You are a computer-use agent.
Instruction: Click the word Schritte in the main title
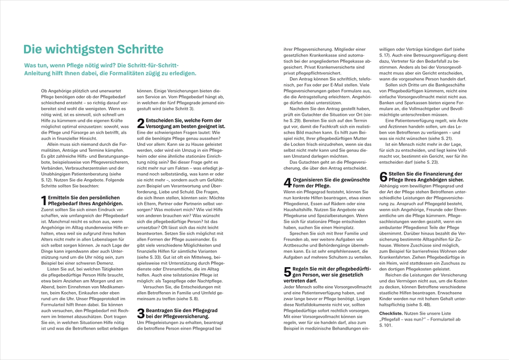click(140, 49)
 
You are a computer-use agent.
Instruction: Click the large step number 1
click(43, 201)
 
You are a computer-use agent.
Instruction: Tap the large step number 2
click(140, 123)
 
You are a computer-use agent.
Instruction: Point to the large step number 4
click(286, 182)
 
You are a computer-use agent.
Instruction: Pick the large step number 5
click(286, 272)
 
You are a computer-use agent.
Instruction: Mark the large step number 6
click(383, 177)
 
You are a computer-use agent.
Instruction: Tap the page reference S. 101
click(386, 326)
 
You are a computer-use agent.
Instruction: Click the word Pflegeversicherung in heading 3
click(172, 317)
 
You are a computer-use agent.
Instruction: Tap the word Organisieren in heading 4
click(309, 179)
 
